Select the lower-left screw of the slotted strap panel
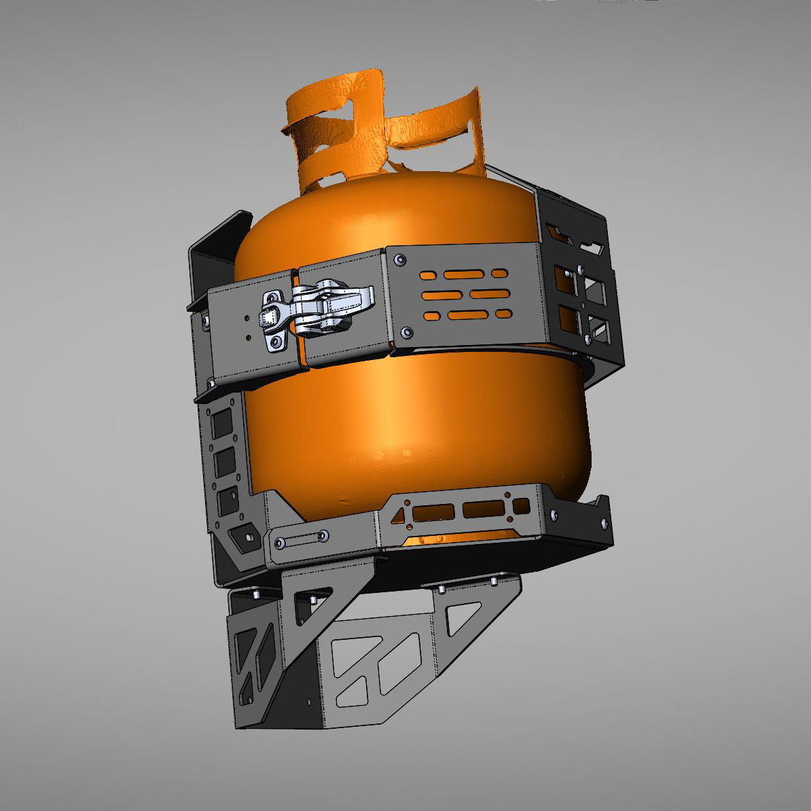405,332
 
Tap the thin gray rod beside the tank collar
509,175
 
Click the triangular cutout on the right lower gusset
464,619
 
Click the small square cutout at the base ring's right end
521,506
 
